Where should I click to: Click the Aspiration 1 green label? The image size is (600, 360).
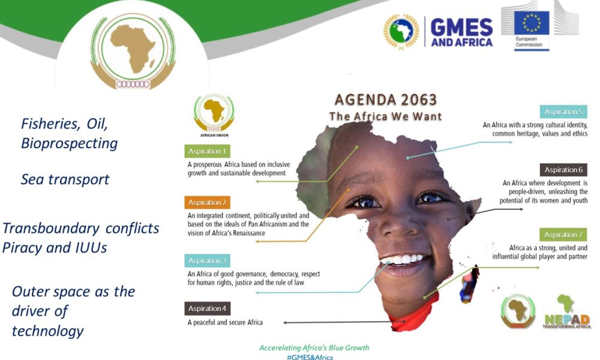207,151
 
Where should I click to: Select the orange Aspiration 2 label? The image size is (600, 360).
207,202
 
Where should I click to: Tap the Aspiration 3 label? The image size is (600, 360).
207,260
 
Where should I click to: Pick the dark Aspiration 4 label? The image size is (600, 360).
207,308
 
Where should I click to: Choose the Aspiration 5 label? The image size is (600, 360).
563,112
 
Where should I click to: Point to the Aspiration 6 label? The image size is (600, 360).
563,170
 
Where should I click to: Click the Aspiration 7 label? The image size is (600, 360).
563,235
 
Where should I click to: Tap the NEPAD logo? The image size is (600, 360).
567,311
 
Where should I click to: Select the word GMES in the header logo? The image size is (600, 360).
461,27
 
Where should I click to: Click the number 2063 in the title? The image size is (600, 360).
419,100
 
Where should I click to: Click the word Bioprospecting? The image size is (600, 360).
69,143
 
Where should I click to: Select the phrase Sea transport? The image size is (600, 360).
65,179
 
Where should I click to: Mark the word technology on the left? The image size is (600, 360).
48,331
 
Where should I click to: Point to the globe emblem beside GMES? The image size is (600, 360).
401,32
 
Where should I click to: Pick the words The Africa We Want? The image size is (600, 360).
385,116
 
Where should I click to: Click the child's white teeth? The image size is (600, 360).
403,260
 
